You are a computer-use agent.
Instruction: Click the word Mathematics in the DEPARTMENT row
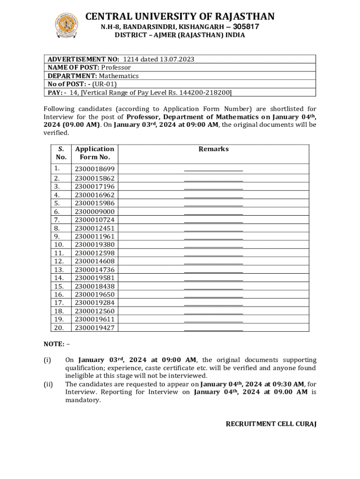coord(119,76)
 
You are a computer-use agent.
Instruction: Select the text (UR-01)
coord(104,84)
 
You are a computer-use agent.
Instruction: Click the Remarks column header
coord(214,149)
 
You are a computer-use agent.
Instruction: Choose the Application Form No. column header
coord(94,153)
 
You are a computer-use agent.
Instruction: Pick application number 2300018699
coord(94,169)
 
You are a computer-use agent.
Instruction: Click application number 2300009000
coord(94,211)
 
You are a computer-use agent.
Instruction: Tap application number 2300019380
coord(94,245)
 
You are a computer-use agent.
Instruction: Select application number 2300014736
coord(94,269)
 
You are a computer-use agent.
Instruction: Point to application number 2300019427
coord(94,328)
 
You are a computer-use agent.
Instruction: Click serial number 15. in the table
coord(59,286)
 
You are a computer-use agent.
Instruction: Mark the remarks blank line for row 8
coord(214,230)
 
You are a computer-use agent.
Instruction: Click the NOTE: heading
coord(54,344)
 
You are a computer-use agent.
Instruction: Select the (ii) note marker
coord(48,385)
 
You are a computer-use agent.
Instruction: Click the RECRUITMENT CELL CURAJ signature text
coord(271,424)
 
